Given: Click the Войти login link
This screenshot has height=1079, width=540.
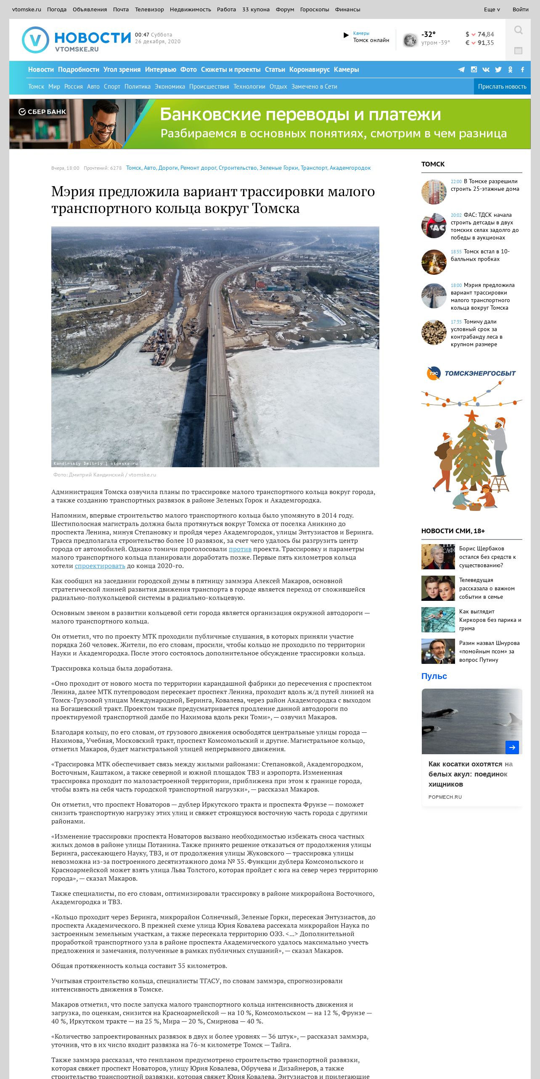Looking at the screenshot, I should [x=520, y=9].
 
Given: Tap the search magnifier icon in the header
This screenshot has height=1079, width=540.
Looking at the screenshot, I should [x=518, y=30].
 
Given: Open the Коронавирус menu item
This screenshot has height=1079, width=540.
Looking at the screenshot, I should [x=309, y=69].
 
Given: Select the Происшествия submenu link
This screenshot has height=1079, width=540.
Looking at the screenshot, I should [x=209, y=87].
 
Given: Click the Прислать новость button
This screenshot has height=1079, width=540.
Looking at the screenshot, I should [x=502, y=87].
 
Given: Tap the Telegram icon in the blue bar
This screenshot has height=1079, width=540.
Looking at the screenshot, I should [x=461, y=69].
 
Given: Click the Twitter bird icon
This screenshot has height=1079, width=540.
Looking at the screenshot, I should [x=498, y=69].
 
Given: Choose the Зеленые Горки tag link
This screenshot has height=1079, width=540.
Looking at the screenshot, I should [x=279, y=168].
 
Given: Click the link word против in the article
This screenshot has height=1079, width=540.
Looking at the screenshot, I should [x=240, y=549].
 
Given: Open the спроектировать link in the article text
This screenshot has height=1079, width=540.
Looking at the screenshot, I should [x=100, y=566].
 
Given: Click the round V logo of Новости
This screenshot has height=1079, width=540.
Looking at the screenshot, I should [x=35, y=40].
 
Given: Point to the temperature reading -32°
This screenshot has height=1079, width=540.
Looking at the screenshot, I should [x=429, y=34].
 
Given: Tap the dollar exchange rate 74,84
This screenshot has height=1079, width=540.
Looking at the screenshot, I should [x=485, y=34].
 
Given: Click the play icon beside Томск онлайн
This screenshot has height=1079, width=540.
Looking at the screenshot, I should [x=346, y=35].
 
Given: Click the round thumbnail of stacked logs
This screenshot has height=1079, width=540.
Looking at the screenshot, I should [x=434, y=332].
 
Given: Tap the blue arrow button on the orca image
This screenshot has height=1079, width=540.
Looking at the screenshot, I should [x=512, y=747].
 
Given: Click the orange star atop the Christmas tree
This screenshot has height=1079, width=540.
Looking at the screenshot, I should [x=471, y=416].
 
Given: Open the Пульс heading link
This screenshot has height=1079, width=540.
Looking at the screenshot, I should [x=434, y=676].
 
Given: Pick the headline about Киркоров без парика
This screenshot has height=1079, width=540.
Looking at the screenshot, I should [x=490, y=620].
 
